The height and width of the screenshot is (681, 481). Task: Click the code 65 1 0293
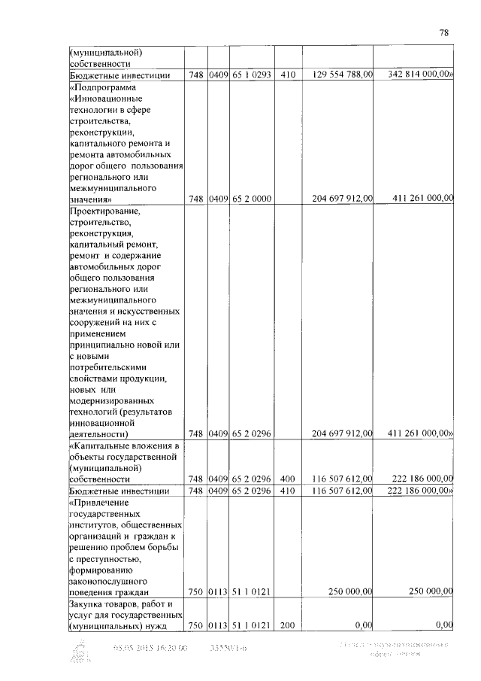click(x=250, y=75)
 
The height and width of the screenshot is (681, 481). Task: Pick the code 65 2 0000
click(x=250, y=199)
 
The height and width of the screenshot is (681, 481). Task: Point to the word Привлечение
click(x=99, y=502)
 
